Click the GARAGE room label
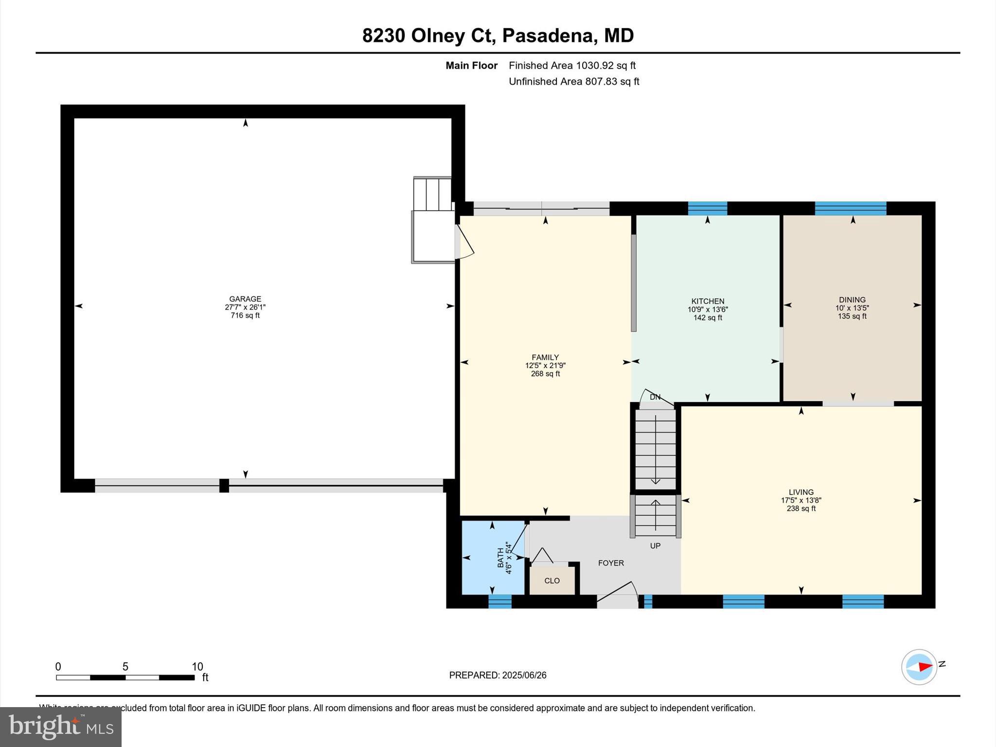(x=245, y=299)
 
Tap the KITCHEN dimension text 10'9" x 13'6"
(x=708, y=309)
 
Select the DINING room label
(x=852, y=300)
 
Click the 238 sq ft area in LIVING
(x=801, y=509)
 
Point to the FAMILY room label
(x=545, y=357)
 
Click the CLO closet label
(x=552, y=581)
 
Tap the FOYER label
(x=611, y=563)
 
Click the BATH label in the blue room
(x=501, y=558)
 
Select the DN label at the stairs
(x=655, y=397)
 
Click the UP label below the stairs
(x=655, y=546)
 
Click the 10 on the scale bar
(x=197, y=666)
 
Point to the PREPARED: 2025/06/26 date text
(x=498, y=675)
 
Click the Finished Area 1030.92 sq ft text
(x=572, y=65)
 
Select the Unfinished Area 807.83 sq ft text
(x=574, y=81)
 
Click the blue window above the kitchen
(x=707, y=208)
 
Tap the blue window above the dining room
(x=850, y=208)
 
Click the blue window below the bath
(x=500, y=602)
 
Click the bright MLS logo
(x=61, y=727)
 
